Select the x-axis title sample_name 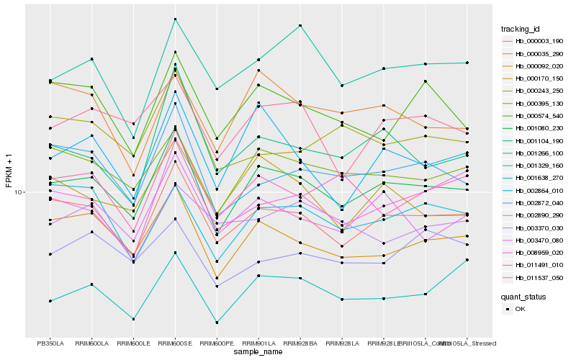258,352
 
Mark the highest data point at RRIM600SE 175,19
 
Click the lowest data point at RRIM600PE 217,323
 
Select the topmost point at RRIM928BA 300,25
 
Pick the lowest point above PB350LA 50,301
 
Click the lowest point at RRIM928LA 342,299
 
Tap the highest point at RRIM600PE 217,89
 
